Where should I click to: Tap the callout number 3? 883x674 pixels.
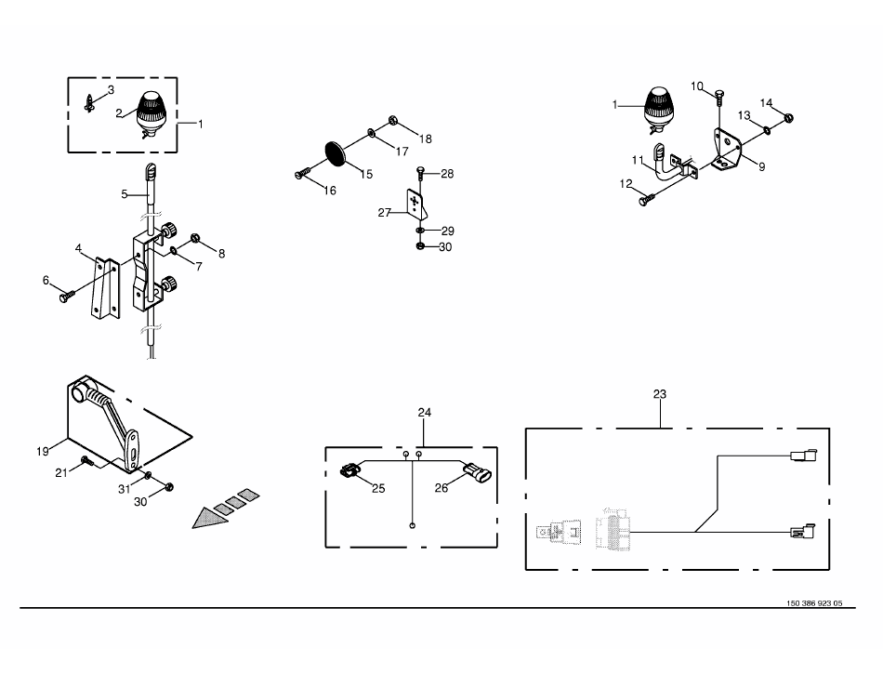pyautogui.click(x=111, y=89)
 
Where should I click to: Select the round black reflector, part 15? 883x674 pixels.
pyautogui.click(x=337, y=153)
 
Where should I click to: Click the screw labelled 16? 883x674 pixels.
pyautogui.click(x=302, y=173)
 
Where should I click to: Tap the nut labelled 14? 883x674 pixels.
pyautogui.click(x=788, y=118)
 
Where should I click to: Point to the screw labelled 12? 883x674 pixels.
pyautogui.click(x=647, y=199)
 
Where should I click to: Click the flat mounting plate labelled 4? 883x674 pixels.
pyautogui.click(x=105, y=288)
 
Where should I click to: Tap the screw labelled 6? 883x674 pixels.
pyautogui.click(x=66, y=296)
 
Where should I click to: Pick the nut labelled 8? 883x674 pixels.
pyautogui.click(x=196, y=238)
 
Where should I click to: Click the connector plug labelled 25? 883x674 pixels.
pyautogui.click(x=349, y=469)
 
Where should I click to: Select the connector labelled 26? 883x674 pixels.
pyautogui.click(x=477, y=470)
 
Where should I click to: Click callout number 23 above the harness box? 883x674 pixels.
pyautogui.click(x=659, y=394)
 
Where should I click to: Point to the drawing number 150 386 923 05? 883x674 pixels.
pyautogui.click(x=814, y=603)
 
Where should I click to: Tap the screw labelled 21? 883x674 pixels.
pyautogui.click(x=87, y=460)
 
